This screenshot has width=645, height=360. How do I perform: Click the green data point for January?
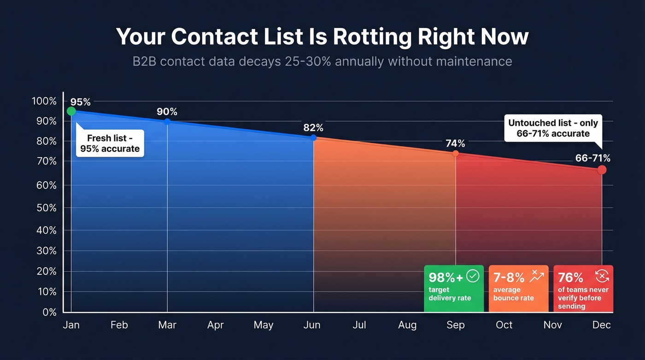click(x=71, y=111)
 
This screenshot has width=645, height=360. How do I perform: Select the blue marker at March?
click(x=167, y=122)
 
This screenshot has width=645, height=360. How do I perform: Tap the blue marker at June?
click(x=313, y=137)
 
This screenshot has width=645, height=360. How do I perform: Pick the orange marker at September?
click(x=456, y=153)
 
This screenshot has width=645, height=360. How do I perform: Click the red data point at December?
click(x=602, y=170)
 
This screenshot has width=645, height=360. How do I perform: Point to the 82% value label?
click(x=313, y=128)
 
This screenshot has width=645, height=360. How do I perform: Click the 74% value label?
click(x=455, y=143)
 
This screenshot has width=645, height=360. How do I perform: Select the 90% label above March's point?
click(x=167, y=112)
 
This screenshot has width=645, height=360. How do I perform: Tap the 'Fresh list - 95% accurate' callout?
click(x=110, y=143)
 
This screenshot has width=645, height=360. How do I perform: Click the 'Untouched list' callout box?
click(x=553, y=128)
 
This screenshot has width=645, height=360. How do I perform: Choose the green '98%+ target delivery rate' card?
click(x=454, y=289)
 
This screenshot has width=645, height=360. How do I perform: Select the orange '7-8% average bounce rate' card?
click(x=518, y=289)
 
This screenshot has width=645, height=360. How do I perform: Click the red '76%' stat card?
click(x=583, y=289)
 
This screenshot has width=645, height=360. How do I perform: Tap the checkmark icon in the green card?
click(x=473, y=276)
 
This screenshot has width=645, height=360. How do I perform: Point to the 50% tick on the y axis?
click(x=47, y=208)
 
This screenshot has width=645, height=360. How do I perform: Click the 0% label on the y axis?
click(x=49, y=312)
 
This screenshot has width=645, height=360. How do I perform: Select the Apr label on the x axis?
click(x=215, y=325)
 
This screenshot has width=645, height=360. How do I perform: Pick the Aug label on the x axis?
click(x=407, y=325)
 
